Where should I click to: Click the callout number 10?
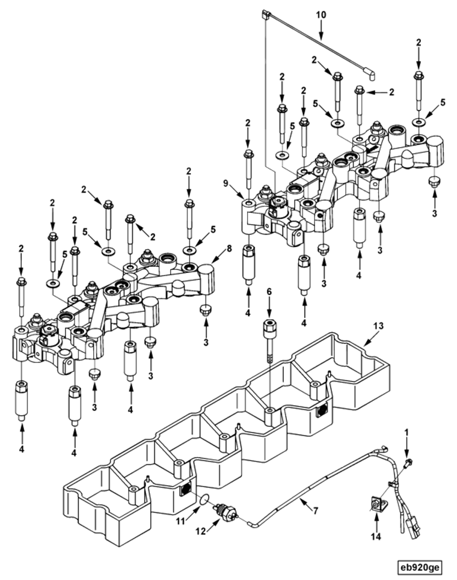321,13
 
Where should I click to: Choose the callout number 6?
269,290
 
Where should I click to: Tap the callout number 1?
406,432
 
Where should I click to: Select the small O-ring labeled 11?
204,499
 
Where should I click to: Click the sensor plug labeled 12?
227,510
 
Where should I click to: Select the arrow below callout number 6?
269,307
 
